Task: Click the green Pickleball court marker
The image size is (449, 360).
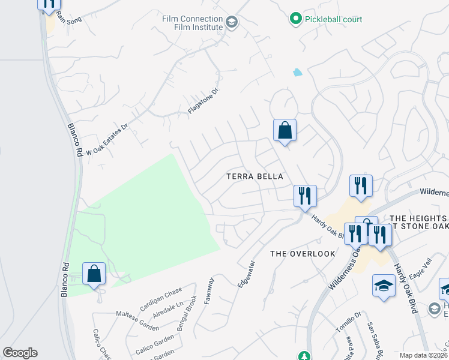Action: tap(295, 19)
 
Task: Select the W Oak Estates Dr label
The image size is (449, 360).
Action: tap(108, 140)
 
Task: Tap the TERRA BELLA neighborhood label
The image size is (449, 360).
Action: tap(254, 176)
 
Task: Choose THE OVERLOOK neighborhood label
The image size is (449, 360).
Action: tap(303, 254)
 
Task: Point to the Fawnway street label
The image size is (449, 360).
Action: tap(209, 290)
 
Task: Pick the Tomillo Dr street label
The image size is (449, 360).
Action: tap(348, 323)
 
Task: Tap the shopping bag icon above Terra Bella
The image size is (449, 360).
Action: tap(285, 130)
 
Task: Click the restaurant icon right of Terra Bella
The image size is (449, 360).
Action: tap(305, 196)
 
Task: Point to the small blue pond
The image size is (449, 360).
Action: tap(297, 73)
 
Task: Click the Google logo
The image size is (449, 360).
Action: tap(20, 353)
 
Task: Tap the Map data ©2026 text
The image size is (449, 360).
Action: tap(424, 355)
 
